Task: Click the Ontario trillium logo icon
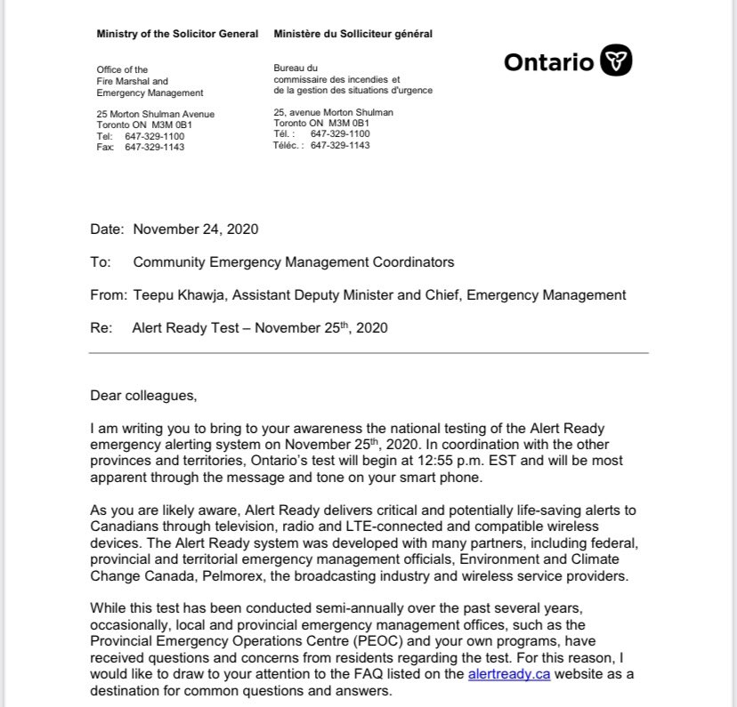pyautogui.click(x=616, y=61)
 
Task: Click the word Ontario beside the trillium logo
pyautogui.click(x=548, y=62)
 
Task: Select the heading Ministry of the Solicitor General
pyautogui.click(x=177, y=34)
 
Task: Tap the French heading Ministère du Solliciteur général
pyautogui.click(x=353, y=34)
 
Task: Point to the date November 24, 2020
pyautogui.click(x=196, y=229)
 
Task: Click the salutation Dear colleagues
pyautogui.click(x=144, y=395)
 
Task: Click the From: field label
pyautogui.click(x=108, y=295)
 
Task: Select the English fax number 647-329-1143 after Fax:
pyautogui.click(x=155, y=148)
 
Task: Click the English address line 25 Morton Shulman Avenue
pyautogui.click(x=155, y=115)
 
